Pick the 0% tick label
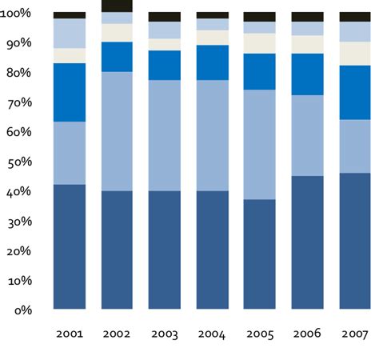click(23, 310)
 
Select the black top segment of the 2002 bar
click(117, 6)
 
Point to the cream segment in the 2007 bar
click(355, 53)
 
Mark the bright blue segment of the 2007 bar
click(355, 92)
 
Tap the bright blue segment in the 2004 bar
click(212, 62)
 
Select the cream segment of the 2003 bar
click(165, 44)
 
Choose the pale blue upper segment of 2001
click(70, 33)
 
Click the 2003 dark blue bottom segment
click(165, 250)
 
